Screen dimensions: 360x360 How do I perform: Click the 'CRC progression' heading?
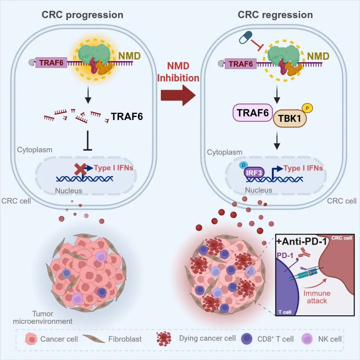coord(82,15)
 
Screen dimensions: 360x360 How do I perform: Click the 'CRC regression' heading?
coord(275,15)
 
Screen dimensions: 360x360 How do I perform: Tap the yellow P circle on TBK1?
coord(307,108)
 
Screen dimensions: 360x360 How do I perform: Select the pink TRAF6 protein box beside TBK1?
coord(252,113)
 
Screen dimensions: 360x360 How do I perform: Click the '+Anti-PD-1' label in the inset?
coord(301,242)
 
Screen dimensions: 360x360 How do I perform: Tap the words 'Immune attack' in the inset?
coord(317,297)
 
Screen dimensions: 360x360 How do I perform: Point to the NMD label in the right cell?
coord(318,56)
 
